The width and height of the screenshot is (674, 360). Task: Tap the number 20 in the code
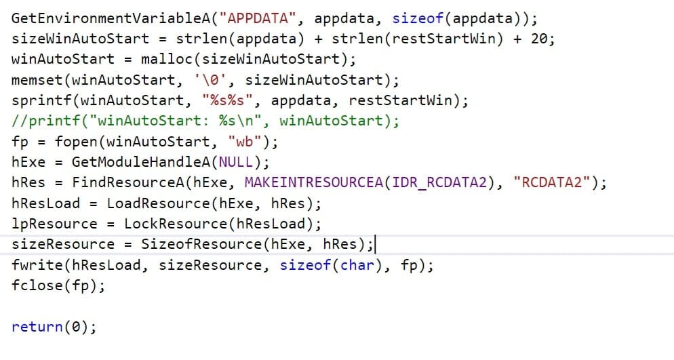pyautogui.click(x=539, y=39)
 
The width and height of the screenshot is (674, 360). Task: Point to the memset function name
pyautogui.click(x=37, y=80)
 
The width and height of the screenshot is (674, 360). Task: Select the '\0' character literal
pyautogui.click(x=210, y=80)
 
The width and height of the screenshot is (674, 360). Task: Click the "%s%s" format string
pyautogui.click(x=227, y=100)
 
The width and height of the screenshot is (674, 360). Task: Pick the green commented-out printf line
pyautogui.click(x=205, y=121)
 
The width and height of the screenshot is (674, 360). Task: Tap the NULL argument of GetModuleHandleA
pyautogui.click(x=235, y=162)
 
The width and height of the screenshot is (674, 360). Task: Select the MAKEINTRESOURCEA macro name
pyautogui.click(x=314, y=182)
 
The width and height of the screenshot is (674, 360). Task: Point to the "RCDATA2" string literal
pyautogui.click(x=552, y=182)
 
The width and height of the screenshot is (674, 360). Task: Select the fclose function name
pyautogui.click(x=37, y=285)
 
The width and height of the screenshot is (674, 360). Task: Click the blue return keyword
pyautogui.click(x=37, y=327)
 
